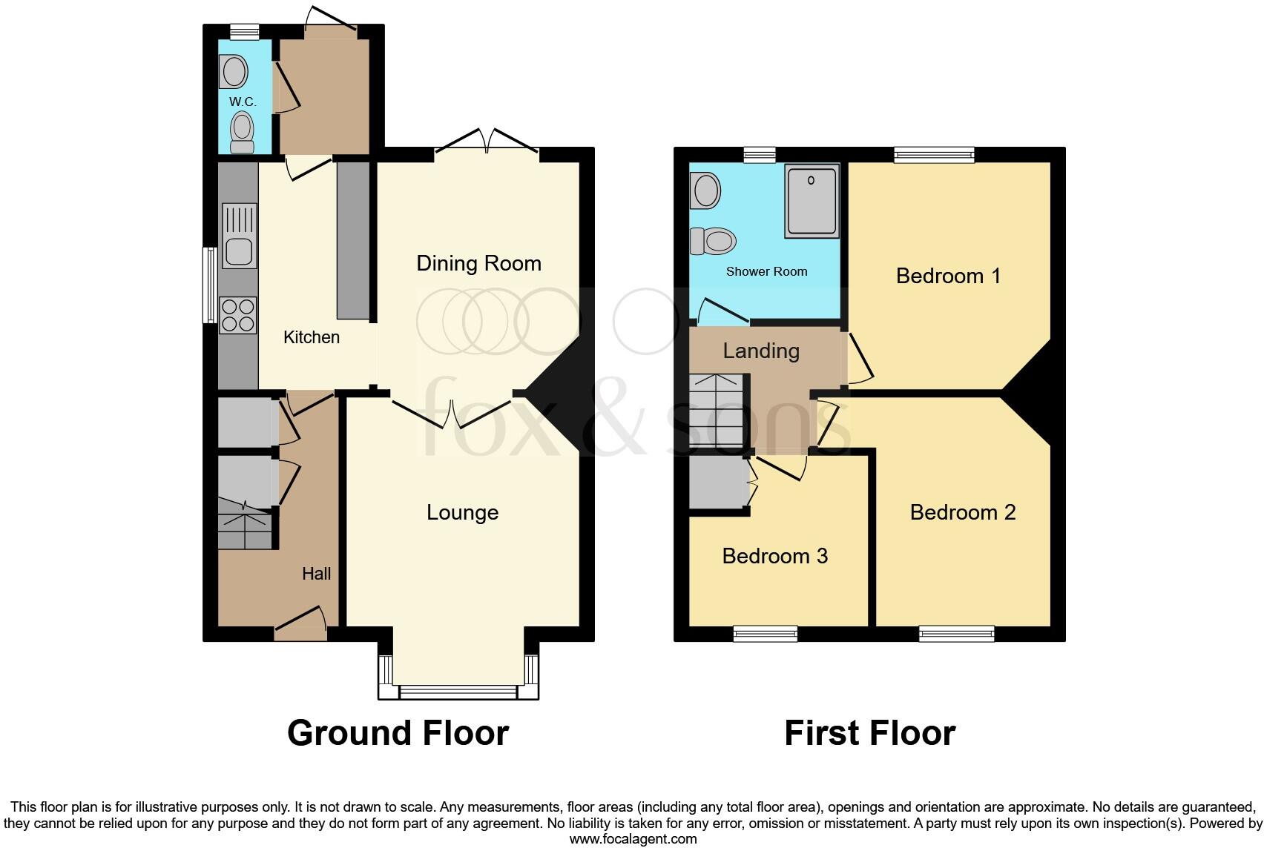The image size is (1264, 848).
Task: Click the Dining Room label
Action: [x=478, y=264]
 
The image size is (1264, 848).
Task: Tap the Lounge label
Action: [x=462, y=513]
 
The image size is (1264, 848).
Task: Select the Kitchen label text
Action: [x=312, y=337]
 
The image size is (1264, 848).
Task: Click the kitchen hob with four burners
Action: [x=238, y=314]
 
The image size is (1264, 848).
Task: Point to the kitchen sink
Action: [x=239, y=236]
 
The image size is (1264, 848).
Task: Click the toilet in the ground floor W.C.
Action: [x=242, y=132]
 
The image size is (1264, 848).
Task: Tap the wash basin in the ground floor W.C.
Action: [x=234, y=73]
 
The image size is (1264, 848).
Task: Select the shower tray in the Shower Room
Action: [x=812, y=200]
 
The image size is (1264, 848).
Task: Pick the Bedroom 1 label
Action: [x=948, y=276]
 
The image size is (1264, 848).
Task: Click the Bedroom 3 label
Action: [x=774, y=556]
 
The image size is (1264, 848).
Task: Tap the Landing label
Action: [x=761, y=351]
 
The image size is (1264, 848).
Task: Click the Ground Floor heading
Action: [x=398, y=733]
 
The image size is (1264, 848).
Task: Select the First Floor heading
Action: [x=869, y=733]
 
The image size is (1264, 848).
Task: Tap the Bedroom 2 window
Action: [x=956, y=633]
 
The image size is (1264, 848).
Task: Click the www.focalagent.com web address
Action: [x=633, y=839]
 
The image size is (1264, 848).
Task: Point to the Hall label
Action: [x=316, y=574]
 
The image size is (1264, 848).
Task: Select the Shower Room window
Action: [x=760, y=155]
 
